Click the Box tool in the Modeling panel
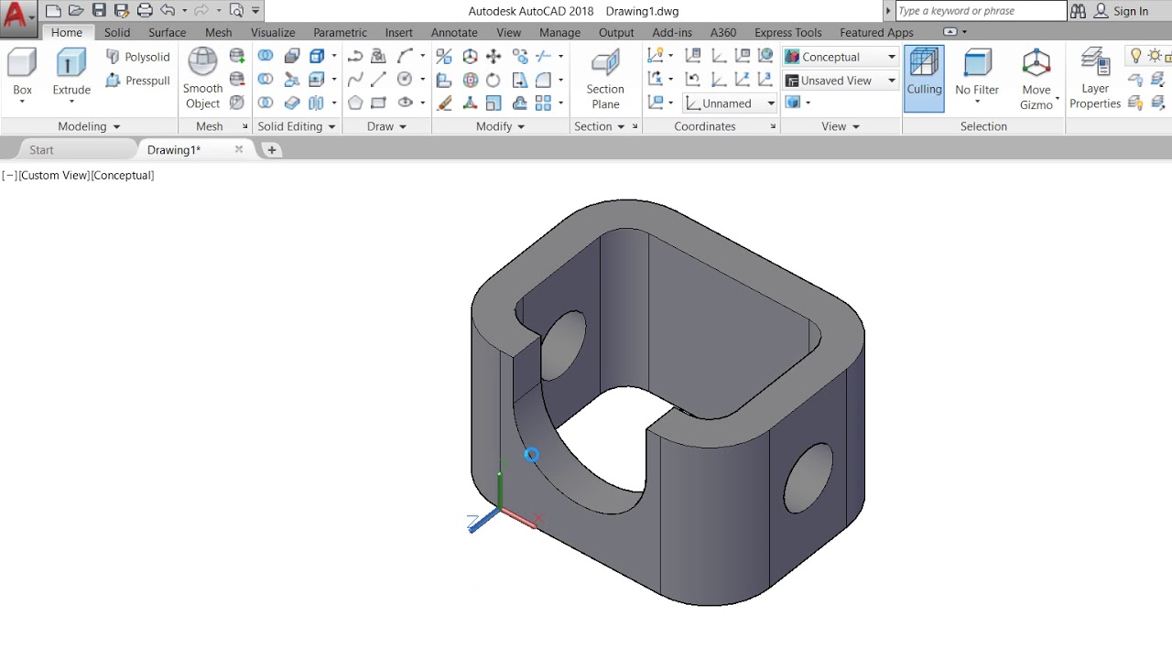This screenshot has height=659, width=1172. [x=22, y=73]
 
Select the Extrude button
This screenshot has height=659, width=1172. [x=71, y=73]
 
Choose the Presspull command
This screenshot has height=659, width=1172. [x=138, y=81]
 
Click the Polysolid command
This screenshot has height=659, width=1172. [x=138, y=57]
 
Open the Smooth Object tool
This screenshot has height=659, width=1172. [x=202, y=79]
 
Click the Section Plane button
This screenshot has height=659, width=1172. [x=605, y=80]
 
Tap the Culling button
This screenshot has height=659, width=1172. [x=924, y=79]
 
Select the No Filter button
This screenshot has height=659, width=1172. [x=977, y=76]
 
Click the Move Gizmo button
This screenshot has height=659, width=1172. [x=1036, y=80]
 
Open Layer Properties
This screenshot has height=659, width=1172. [x=1094, y=79]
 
